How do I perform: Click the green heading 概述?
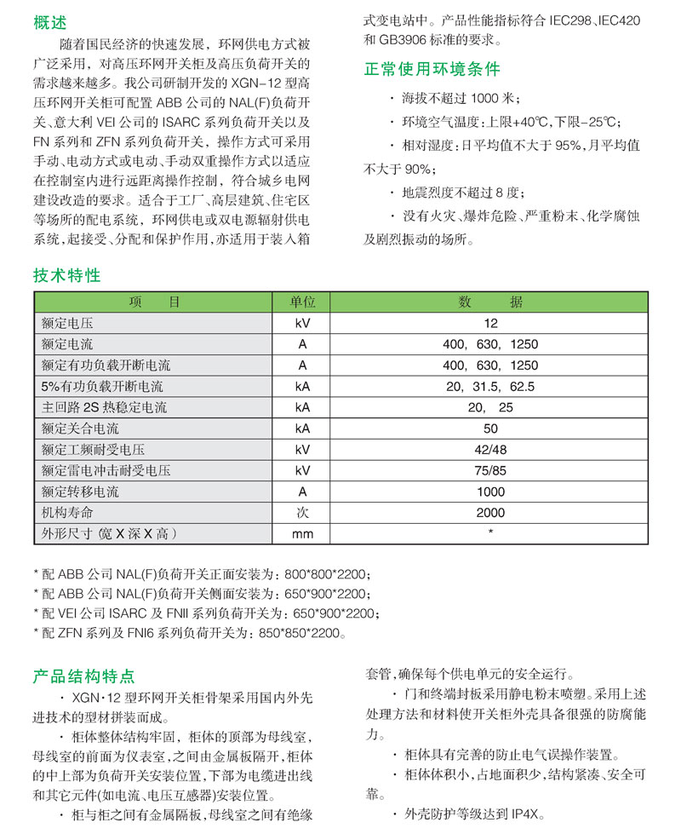coord(50,23)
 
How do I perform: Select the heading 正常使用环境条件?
coord(432,69)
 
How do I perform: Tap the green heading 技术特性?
coord(67,275)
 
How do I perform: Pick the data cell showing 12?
coord(490,323)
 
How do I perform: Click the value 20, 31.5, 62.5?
coord(490,386)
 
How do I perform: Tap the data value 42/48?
coord(490,449)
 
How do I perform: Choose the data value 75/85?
coord(490,470)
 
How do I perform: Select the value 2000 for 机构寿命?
coord(490,513)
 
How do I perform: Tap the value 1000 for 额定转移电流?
coord(490,492)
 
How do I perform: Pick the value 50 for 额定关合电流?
coord(490,429)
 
